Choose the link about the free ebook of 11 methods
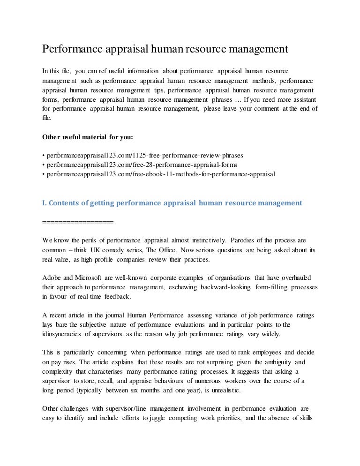click(x=160, y=173)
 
